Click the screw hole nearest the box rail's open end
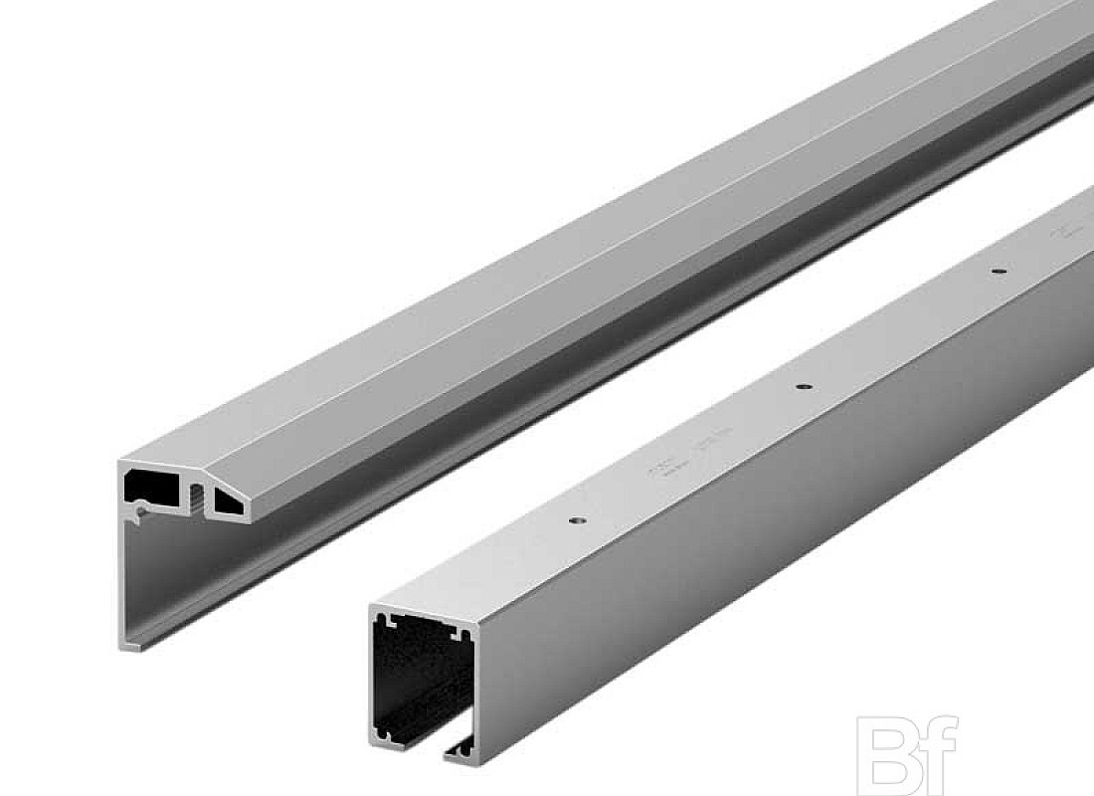pyautogui.click(x=576, y=519)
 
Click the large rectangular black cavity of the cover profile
pyautogui.click(x=151, y=486)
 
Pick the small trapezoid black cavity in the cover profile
pyautogui.click(x=230, y=503)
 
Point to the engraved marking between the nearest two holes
pyautogui.click(x=661, y=468)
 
